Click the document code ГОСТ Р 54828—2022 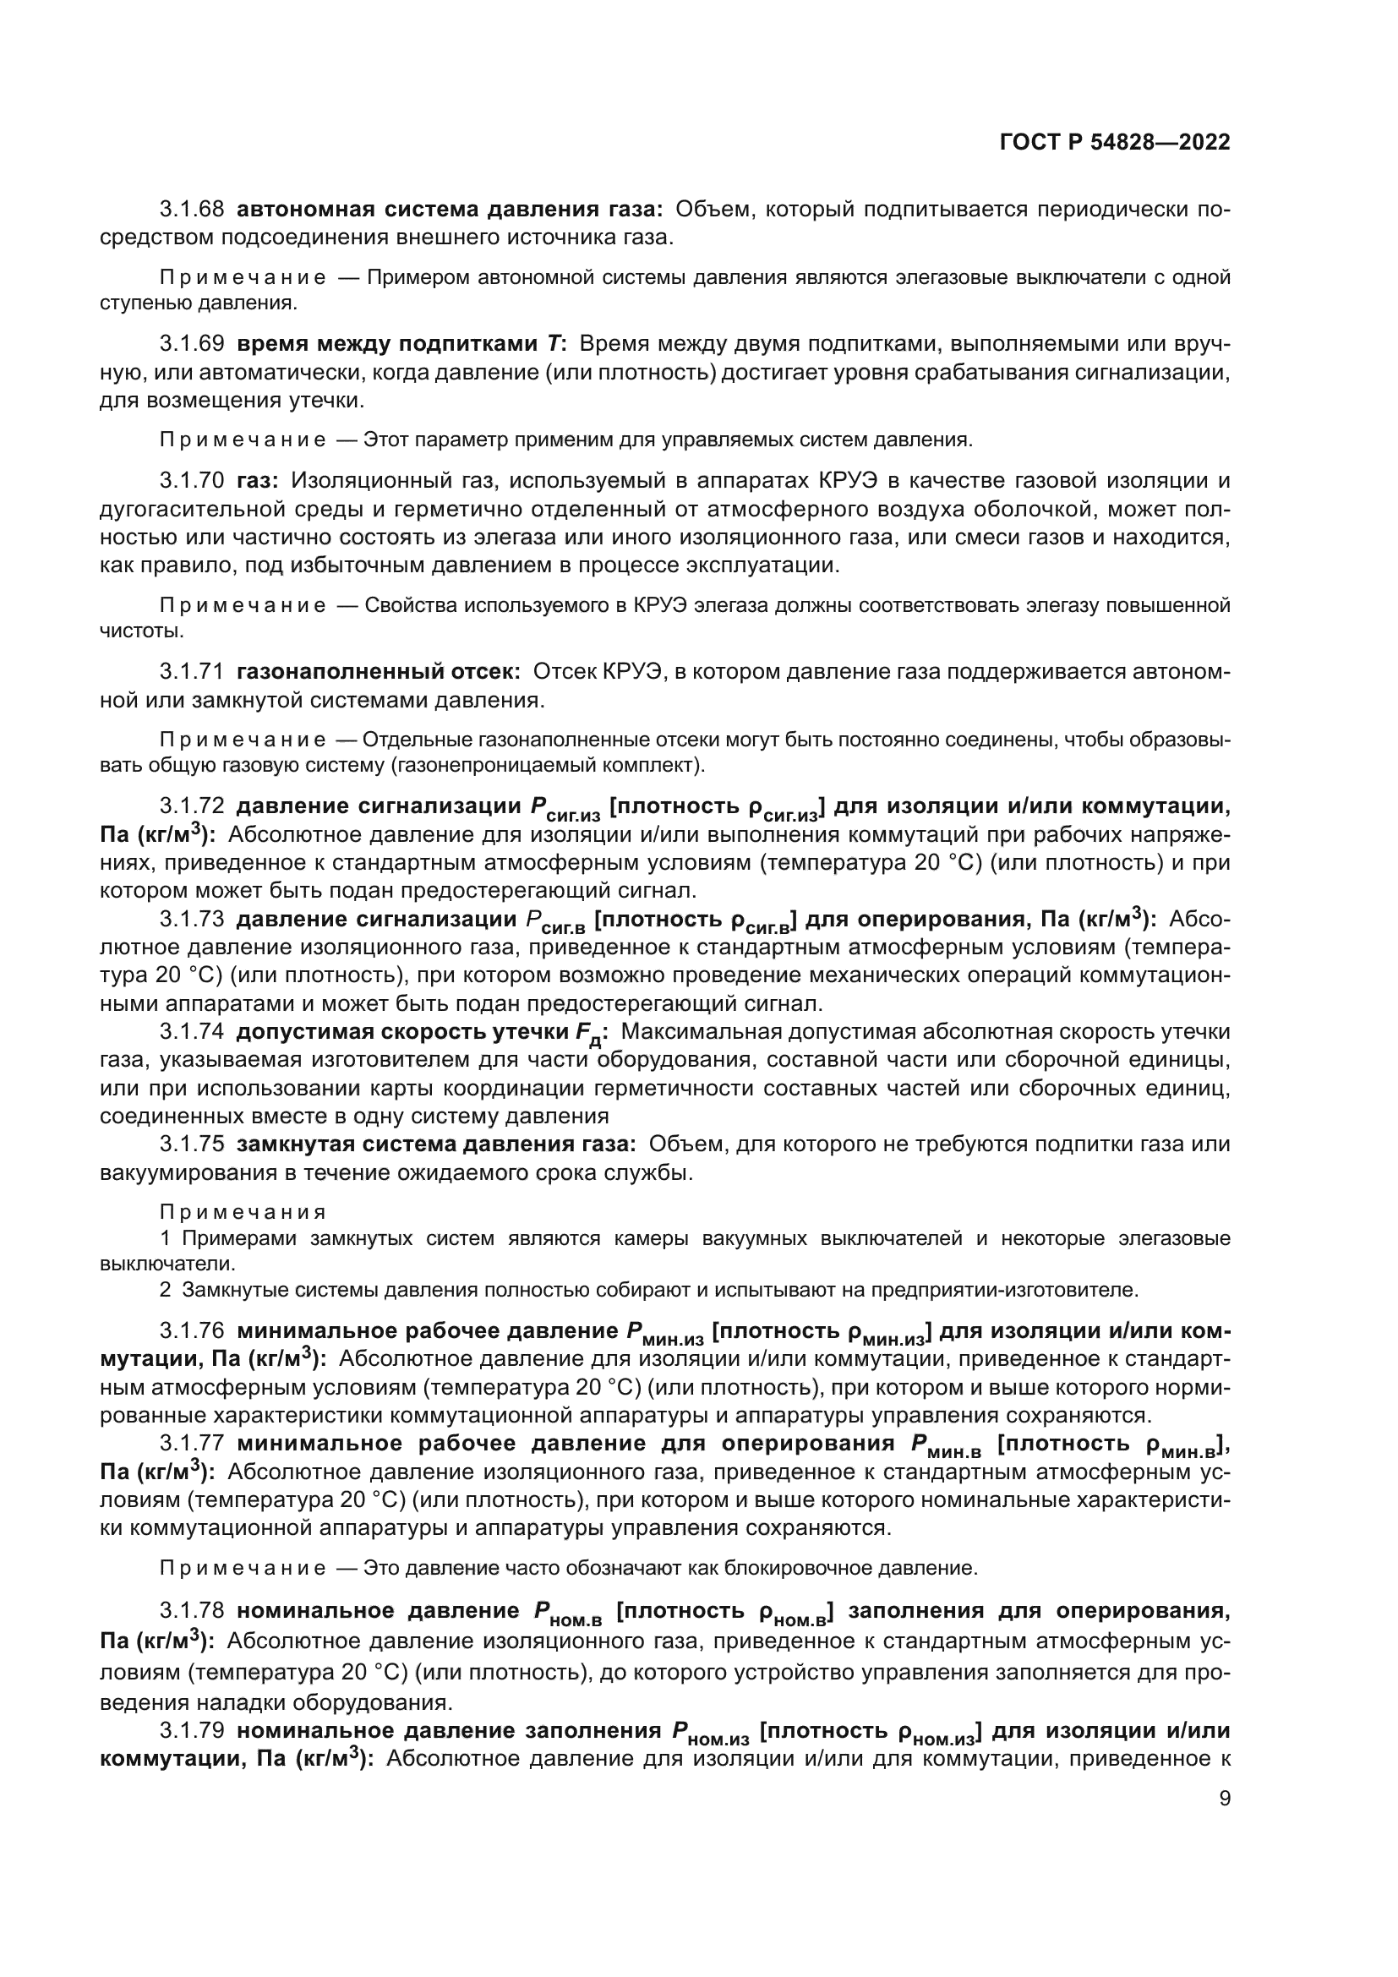pos(1115,142)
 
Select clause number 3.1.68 pos(191,210)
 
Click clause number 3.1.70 pos(191,480)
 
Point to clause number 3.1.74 pos(191,1031)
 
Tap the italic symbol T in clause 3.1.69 pos(554,344)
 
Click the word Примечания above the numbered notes pos(243,1212)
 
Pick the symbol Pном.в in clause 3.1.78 pos(566,1613)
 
